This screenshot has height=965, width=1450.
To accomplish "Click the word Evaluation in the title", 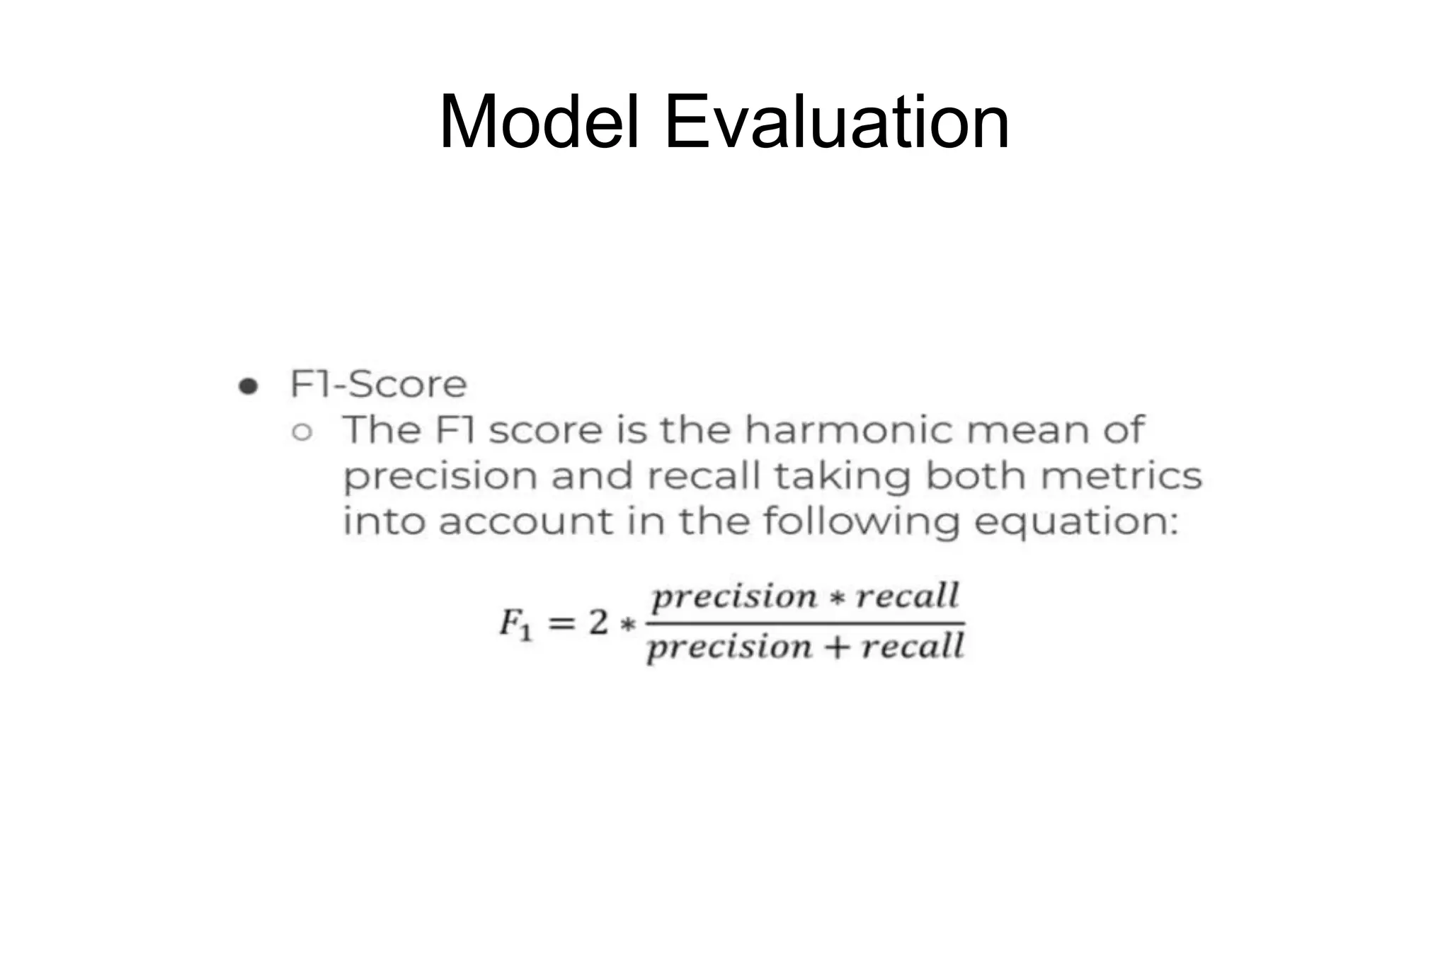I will [837, 122].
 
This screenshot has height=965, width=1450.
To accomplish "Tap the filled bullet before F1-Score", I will [248, 386].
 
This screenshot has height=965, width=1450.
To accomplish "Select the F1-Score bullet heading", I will [378, 385].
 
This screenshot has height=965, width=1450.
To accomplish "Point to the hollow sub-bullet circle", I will [302, 432].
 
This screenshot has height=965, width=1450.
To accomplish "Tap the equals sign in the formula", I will [561, 623].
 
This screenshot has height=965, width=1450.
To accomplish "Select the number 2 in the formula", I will [599, 623].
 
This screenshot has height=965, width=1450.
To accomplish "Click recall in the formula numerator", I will [908, 596].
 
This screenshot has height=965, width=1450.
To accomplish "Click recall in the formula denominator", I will [913, 647].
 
